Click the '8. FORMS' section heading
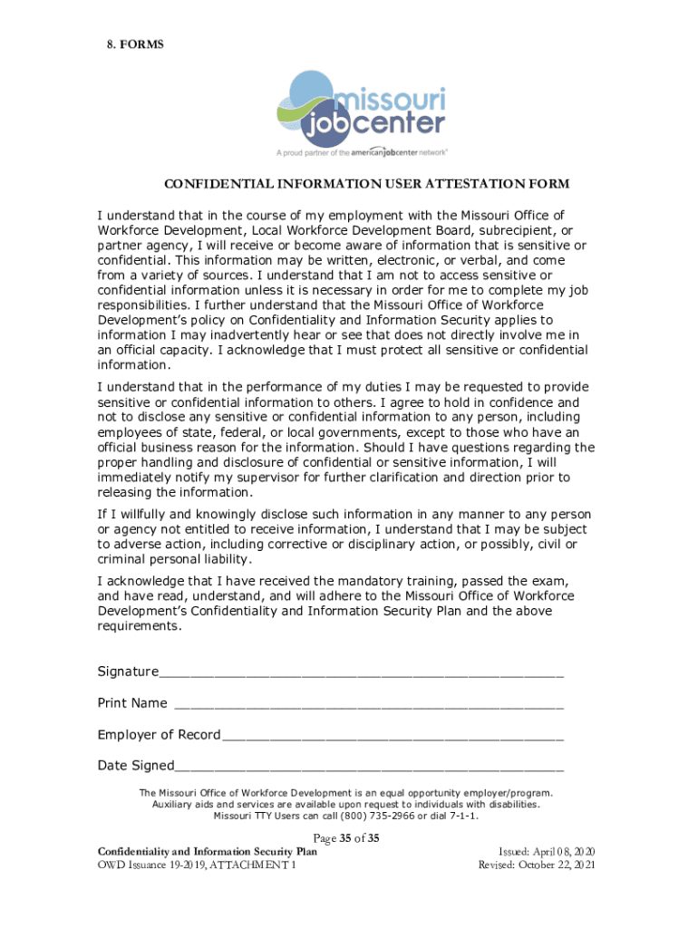point(131,43)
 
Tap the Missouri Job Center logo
point(365,111)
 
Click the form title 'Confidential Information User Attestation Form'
point(366,184)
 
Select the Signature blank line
point(361,672)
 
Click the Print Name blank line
point(368,704)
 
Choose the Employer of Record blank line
point(392,735)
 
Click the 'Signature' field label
point(128,672)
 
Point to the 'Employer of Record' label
point(159,734)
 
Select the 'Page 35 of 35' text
point(345,837)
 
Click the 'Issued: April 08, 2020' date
point(547,852)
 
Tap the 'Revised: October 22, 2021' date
point(537,865)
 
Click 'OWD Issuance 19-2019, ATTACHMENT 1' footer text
point(197,865)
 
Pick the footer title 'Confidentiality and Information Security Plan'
point(208,852)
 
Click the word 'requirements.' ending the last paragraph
point(140,626)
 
